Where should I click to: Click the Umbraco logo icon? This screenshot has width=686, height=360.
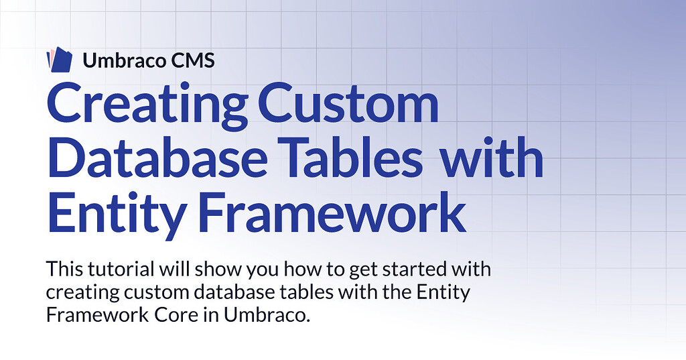[x=59, y=59]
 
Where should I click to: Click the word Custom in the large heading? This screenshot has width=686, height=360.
[x=348, y=103]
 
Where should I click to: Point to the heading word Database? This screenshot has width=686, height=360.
[x=157, y=156]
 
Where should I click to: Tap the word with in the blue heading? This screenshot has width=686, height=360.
[x=491, y=156]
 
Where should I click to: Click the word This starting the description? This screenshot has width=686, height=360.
[x=64, y=269]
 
